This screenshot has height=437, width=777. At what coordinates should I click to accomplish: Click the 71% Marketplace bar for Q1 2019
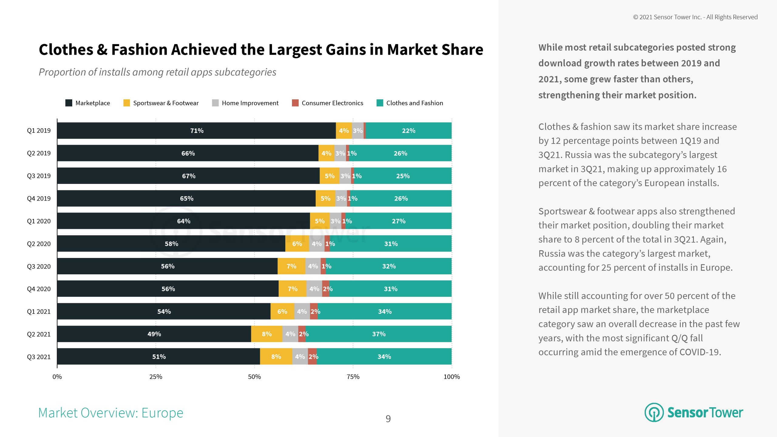click(x=196, y=130)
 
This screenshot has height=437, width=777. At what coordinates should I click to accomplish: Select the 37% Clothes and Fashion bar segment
click(x=378, y=334)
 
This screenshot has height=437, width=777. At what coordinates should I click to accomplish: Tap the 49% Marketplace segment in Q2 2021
click(x=154, y=334)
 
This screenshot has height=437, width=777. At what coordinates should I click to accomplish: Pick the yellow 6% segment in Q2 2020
click(x=297, y=244)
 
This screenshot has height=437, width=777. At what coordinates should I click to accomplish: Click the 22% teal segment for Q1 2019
click(x=409, y=130)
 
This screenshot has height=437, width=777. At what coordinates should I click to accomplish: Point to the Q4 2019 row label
click(x=39, y=198)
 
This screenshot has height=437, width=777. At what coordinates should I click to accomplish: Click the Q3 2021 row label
click(x=39, y=357)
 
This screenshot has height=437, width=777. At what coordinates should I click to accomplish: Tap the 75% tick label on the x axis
click(x=353, y=377)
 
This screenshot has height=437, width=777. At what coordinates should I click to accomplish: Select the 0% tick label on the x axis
click(x=57, y=377)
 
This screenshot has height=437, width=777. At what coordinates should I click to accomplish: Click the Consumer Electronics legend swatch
click(x=295, y=103)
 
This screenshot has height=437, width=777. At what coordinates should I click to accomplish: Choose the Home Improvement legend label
click(x=250, y=103)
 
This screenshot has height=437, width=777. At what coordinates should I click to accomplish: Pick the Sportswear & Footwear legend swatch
click(x=127, y=103)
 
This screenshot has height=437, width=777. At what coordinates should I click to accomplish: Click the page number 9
click(x=388, y=419)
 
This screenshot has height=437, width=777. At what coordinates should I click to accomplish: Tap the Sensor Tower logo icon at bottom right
click(x=654, y=412)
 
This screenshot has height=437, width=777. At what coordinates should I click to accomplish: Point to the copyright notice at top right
click(x=695, y=17)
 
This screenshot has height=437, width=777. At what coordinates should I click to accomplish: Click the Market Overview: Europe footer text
click(x=111, y=413)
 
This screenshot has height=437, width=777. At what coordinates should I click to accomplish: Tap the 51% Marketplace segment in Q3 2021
click(x=159, y=357)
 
